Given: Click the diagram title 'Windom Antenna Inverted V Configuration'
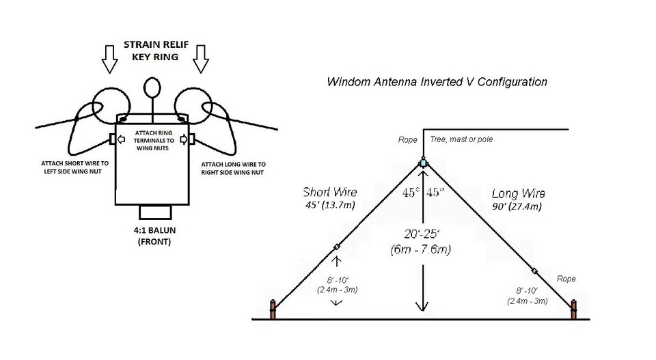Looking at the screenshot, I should click(437, 82).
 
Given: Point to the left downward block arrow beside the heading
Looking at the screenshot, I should click(109, 59).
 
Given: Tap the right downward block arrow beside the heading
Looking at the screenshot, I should click(200, 59).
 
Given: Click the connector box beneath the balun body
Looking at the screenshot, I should click(154, 211).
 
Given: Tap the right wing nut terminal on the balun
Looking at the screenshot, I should click(193, 140).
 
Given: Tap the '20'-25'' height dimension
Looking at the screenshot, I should click(422, 234).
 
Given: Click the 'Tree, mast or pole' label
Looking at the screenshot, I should click(461, 140).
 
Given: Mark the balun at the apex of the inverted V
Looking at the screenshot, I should click(424, 163).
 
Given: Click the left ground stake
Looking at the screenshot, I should click(274, 309).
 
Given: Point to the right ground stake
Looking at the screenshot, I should click(574, 309).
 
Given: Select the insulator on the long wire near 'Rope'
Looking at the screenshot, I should click(534, 271).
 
